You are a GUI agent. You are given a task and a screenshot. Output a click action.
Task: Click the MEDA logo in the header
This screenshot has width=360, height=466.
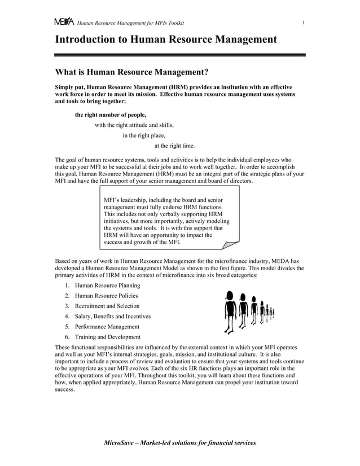[64, 22]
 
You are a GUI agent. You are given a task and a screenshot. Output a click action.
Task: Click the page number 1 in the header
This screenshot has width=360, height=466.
[304, 23]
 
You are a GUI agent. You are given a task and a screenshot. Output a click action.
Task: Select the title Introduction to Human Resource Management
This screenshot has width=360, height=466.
[165, 39]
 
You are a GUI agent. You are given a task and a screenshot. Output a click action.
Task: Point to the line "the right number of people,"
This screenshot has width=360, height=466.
[106, 115]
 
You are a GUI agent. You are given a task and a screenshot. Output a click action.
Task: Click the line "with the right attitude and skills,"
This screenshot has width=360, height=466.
[134, 125]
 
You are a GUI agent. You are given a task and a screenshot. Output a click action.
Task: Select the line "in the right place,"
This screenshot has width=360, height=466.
[144, 135]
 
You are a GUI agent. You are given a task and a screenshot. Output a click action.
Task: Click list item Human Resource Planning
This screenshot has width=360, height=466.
[107, 285]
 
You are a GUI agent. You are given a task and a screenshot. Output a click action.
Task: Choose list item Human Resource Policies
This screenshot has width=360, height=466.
[106, 296]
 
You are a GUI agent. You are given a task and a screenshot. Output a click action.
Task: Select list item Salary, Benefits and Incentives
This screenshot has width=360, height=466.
[113, 316]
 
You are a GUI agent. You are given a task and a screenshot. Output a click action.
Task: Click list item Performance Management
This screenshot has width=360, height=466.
[107, 327]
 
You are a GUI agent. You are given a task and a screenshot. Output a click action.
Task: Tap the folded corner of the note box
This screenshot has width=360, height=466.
[230, 243]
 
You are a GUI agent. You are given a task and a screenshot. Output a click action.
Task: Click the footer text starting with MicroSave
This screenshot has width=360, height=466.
[180, 443]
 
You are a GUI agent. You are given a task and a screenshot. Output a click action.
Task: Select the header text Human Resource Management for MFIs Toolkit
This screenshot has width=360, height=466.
[131, 23]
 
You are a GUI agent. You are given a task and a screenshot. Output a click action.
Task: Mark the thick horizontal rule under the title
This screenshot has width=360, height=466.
[180, 55]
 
